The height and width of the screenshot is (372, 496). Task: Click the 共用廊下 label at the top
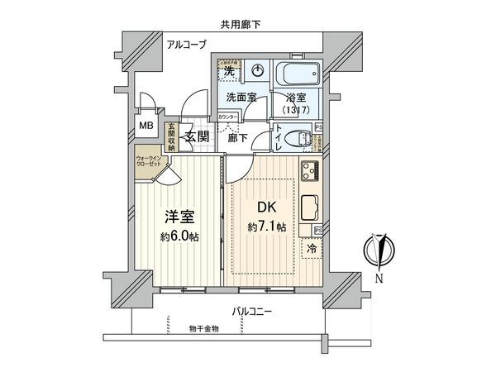240,25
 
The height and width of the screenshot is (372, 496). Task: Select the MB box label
145,126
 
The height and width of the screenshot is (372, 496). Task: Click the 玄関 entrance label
196,136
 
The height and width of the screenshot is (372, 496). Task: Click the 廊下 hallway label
238,137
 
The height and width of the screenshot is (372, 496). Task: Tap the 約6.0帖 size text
180,236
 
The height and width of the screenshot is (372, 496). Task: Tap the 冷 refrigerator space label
312,246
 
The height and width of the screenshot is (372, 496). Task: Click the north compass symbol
379,250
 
